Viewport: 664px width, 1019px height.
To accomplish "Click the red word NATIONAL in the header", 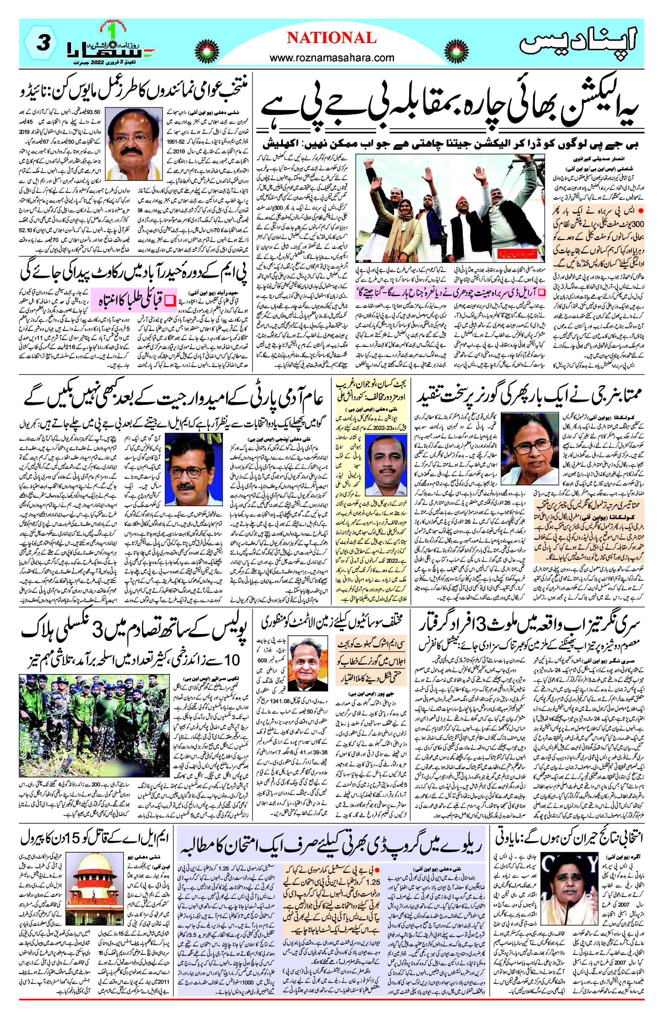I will coord(332,38).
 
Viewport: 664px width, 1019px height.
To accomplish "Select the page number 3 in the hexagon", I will coord(43,43).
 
